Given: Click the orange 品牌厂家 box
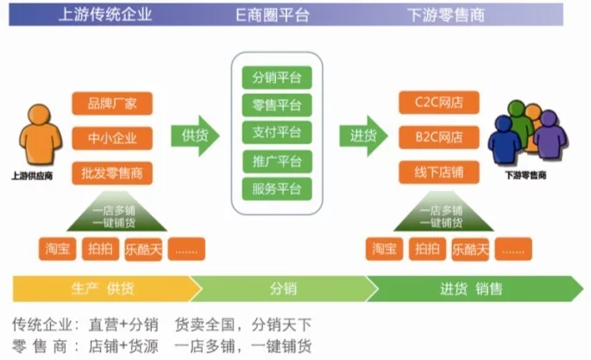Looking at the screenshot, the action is coord(112,104).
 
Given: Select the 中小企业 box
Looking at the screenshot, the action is coord(112,138).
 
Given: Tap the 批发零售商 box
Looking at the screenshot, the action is coord(112,173).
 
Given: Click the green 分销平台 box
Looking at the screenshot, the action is coord(277,78).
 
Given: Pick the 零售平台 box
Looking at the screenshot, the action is coord(277,105).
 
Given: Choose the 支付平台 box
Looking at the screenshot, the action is coord(277,132).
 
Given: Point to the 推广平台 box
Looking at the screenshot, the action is coord(277,161).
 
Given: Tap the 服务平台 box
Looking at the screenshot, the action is coord(277,189).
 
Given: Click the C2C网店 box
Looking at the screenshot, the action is coord(439,102).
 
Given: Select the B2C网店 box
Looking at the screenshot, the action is coord(439,137).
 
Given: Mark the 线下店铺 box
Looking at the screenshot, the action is coord(439,173).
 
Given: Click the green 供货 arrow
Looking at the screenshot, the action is coord(195,136).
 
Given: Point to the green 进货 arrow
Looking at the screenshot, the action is coord(363,136).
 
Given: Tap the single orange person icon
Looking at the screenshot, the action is coord(40,135).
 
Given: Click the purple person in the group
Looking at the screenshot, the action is coord(550,135).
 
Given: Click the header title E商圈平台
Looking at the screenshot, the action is coord(273,15).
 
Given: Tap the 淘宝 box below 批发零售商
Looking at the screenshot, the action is coord(57,249).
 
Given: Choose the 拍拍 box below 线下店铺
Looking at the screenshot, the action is coord(427,249).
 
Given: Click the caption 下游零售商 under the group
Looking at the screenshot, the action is coord(525,175).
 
